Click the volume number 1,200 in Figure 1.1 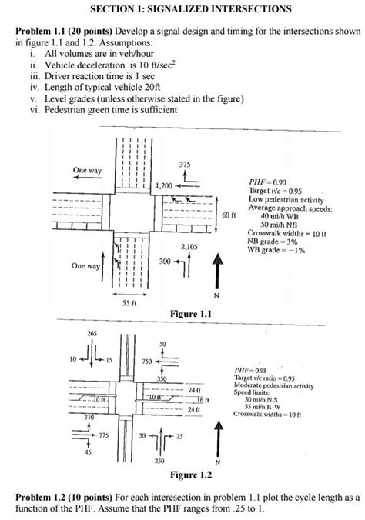coord(164,186)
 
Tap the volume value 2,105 coord(189,247)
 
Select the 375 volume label coord(185,165)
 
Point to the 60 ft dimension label coord(229,215)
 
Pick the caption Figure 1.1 coord(191,314)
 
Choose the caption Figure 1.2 coord(191,475)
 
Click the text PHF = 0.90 coord(267,182)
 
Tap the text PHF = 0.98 coord(250,371)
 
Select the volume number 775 coord(104,435)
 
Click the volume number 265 coord(92,333)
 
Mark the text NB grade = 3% coord(273,242)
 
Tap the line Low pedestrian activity coord(286,200)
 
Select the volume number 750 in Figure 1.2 coord(147,362)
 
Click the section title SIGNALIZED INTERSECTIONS coord(219,8)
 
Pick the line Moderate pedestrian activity coord(273,385)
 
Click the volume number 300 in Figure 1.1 coord(165,262)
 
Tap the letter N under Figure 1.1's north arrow coord(216,295)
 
